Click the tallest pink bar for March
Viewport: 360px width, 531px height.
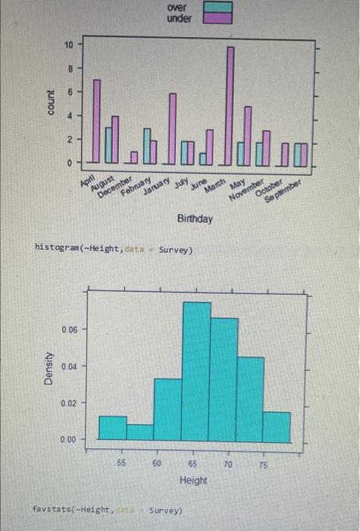230,105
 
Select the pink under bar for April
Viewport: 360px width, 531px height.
96,121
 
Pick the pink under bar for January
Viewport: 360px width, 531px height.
172,128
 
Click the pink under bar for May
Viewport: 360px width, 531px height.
248,135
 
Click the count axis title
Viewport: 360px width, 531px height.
51,103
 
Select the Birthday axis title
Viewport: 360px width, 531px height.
195,219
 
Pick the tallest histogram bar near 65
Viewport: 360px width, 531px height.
196,371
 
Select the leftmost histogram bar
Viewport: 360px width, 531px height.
113,428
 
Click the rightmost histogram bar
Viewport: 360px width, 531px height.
277,426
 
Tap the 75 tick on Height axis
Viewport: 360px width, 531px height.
263,463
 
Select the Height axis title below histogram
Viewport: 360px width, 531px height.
193,480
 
